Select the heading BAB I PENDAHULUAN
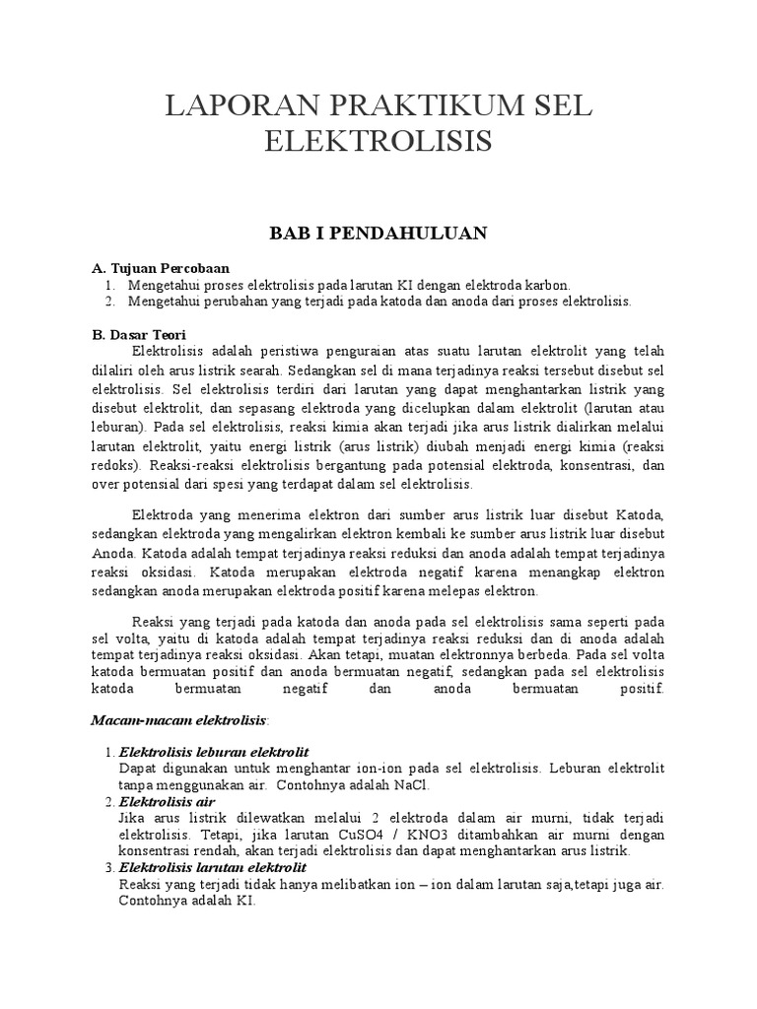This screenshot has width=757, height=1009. click(379, 233)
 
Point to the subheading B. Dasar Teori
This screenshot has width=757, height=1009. click(139, 334)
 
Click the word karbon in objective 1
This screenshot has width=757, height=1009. click(549, 284)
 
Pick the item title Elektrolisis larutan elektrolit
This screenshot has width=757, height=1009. click(213, 867)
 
